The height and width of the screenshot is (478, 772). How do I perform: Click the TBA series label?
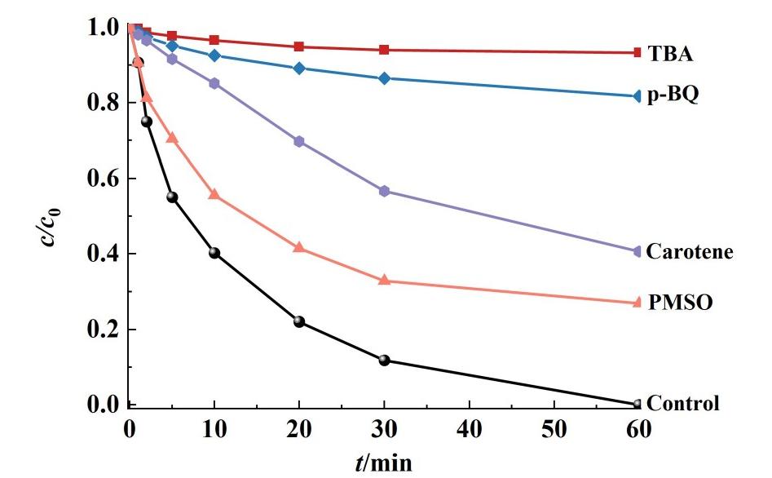(670, 54)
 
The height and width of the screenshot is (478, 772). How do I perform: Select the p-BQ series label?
(673, 95)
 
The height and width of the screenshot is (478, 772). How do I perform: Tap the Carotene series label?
(690, 251)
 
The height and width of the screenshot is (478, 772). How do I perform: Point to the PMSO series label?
(681, 303)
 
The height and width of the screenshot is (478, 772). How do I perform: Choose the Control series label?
(683, 403)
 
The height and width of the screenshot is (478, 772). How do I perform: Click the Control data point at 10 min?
(214, 253)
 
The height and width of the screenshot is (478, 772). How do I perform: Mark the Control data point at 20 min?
(299, 321)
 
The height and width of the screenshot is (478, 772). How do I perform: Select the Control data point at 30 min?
(384, 360)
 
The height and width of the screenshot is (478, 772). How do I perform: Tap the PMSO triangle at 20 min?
(299, 247)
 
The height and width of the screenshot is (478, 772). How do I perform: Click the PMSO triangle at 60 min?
(637, 303)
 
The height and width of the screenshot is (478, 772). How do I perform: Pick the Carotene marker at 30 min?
(384, 191)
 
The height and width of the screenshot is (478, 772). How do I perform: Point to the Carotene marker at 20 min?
(299, 141)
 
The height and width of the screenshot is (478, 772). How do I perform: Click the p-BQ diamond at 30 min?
(384, 78)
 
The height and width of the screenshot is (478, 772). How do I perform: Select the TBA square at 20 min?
(299, 46)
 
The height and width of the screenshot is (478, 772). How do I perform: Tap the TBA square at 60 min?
(637, 52)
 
